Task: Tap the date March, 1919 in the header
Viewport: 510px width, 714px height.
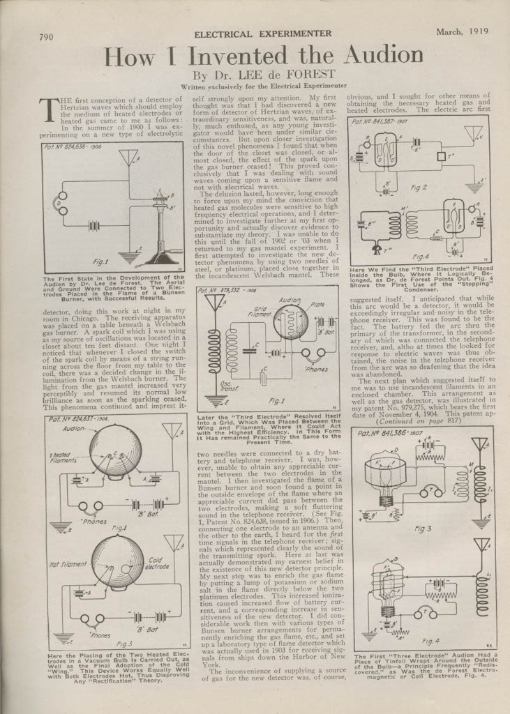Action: click(463, 31)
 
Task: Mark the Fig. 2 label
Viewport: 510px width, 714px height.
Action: click(418, 187)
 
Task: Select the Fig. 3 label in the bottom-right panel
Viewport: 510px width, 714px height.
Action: click(423, 529)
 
